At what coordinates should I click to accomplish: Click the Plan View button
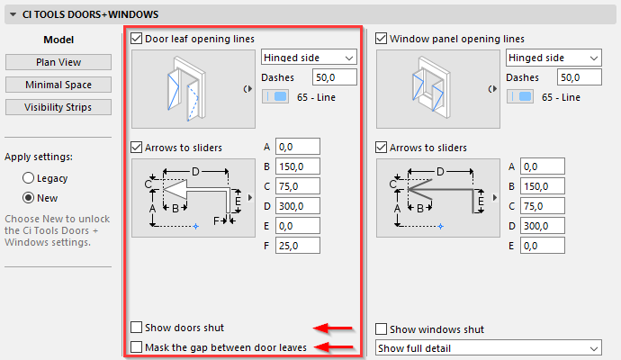click(58, 62)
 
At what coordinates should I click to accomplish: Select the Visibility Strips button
click(58, 107)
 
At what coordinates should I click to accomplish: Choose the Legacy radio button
click(28, 178)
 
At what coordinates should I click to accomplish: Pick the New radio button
click(28, 198)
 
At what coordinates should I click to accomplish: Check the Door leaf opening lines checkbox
click(137, 39)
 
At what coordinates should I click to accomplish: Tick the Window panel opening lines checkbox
click(381, 39)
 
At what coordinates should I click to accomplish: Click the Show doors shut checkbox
click(137, 327)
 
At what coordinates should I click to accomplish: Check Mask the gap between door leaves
click(137, 346)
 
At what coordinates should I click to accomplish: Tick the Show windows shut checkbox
click(381, 328)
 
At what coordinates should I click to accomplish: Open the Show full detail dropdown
click(489, 347)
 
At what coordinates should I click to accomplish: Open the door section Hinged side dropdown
click(309, 58)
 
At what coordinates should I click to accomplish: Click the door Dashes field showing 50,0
click(335, 77)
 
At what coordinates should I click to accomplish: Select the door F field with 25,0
click(298, 246)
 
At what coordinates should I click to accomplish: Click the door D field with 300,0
click(298, 206)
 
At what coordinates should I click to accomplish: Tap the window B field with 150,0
click(543, 186)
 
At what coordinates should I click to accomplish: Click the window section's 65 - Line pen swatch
click(520, 96)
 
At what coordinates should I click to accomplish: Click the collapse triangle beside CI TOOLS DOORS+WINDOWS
click(13, 14)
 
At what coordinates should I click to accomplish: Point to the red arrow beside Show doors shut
click(333, 328)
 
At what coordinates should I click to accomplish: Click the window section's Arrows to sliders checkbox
click(381, 148)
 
